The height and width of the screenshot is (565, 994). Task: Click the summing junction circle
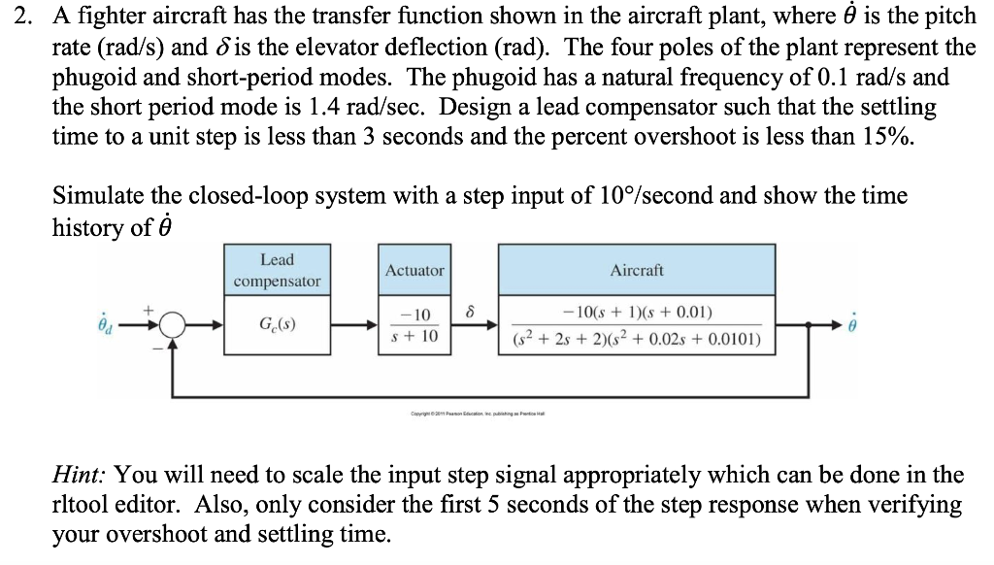click(x=172, y=325)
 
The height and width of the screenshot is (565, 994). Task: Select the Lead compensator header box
click(x=276, y=270)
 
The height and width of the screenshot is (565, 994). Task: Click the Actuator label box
click(x=414, y=270)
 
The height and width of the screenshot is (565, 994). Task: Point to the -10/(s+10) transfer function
click(x=414, y=325)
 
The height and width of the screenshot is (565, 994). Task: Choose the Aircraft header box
click(x=637, y=270)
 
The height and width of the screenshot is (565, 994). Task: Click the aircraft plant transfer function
click(x=637, y=325)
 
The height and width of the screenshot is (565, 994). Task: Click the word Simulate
click(x=94, y=195)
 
